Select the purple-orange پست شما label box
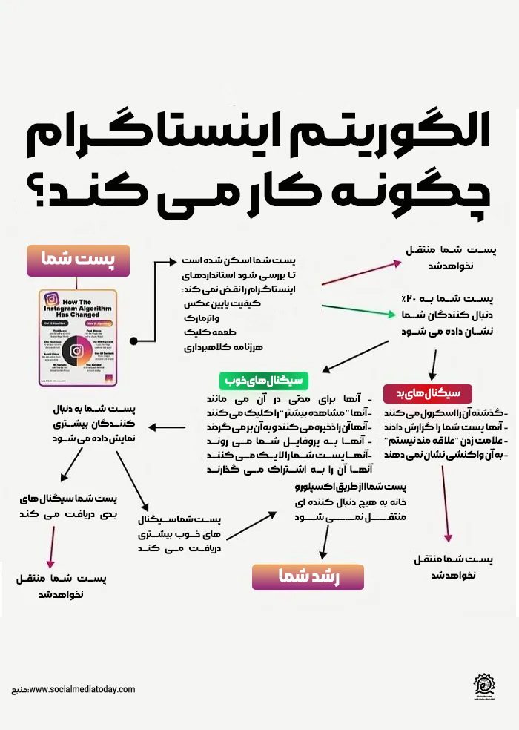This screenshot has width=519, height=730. (x=78, y=260)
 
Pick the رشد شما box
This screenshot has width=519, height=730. (x=308, y=576)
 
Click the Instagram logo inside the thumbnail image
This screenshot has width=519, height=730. (x=76, y=351)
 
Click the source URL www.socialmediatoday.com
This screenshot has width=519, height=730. (x=82, y=690)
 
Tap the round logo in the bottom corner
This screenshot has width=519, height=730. (x=487, y=687)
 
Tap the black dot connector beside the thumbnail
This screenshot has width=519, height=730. (x=133, y=341)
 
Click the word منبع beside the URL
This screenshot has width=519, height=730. (x=20, y=691)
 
